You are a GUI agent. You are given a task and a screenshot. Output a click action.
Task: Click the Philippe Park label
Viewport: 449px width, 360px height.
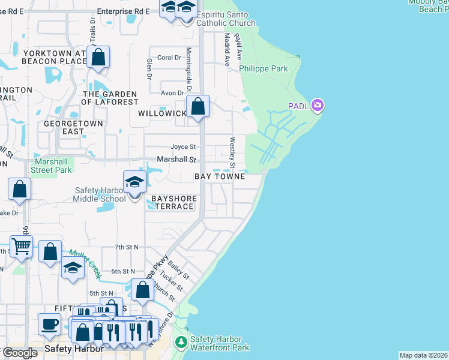(x=263, y=69)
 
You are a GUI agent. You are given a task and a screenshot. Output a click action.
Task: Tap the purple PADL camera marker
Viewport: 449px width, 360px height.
(x=317, y=106)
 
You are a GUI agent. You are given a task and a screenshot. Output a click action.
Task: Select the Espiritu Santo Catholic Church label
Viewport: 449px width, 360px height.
(x=222, y=18)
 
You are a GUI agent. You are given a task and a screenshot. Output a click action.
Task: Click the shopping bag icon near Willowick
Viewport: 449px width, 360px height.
(x=198, y=107)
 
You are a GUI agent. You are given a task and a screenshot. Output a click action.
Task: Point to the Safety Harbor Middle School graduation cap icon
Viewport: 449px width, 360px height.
(x=134, y=182)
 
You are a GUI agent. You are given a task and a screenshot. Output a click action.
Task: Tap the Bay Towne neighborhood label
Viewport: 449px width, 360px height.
(x=219, y=176)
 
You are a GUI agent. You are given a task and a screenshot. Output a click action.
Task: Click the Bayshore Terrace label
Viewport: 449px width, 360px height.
(x=173, y=202)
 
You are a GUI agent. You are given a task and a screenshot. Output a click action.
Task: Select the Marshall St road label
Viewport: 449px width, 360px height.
(x=176, y=160)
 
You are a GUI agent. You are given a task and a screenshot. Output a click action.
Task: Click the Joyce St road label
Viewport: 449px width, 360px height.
(x=183, y=146)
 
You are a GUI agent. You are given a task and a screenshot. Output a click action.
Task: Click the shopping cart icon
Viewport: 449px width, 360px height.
(x=21, y=246)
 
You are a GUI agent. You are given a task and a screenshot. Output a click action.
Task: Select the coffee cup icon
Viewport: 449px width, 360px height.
(x=49, y=325)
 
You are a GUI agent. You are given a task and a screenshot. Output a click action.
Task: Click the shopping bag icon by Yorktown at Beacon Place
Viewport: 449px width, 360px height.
(x=98, y=58)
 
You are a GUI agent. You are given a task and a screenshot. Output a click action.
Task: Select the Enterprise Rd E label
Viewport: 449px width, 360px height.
(x=123, y=11)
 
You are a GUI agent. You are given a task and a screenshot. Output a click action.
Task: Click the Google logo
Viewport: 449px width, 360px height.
(x=19, y=353)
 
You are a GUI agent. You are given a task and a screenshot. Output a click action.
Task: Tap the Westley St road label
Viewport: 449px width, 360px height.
(x=232, y=152)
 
